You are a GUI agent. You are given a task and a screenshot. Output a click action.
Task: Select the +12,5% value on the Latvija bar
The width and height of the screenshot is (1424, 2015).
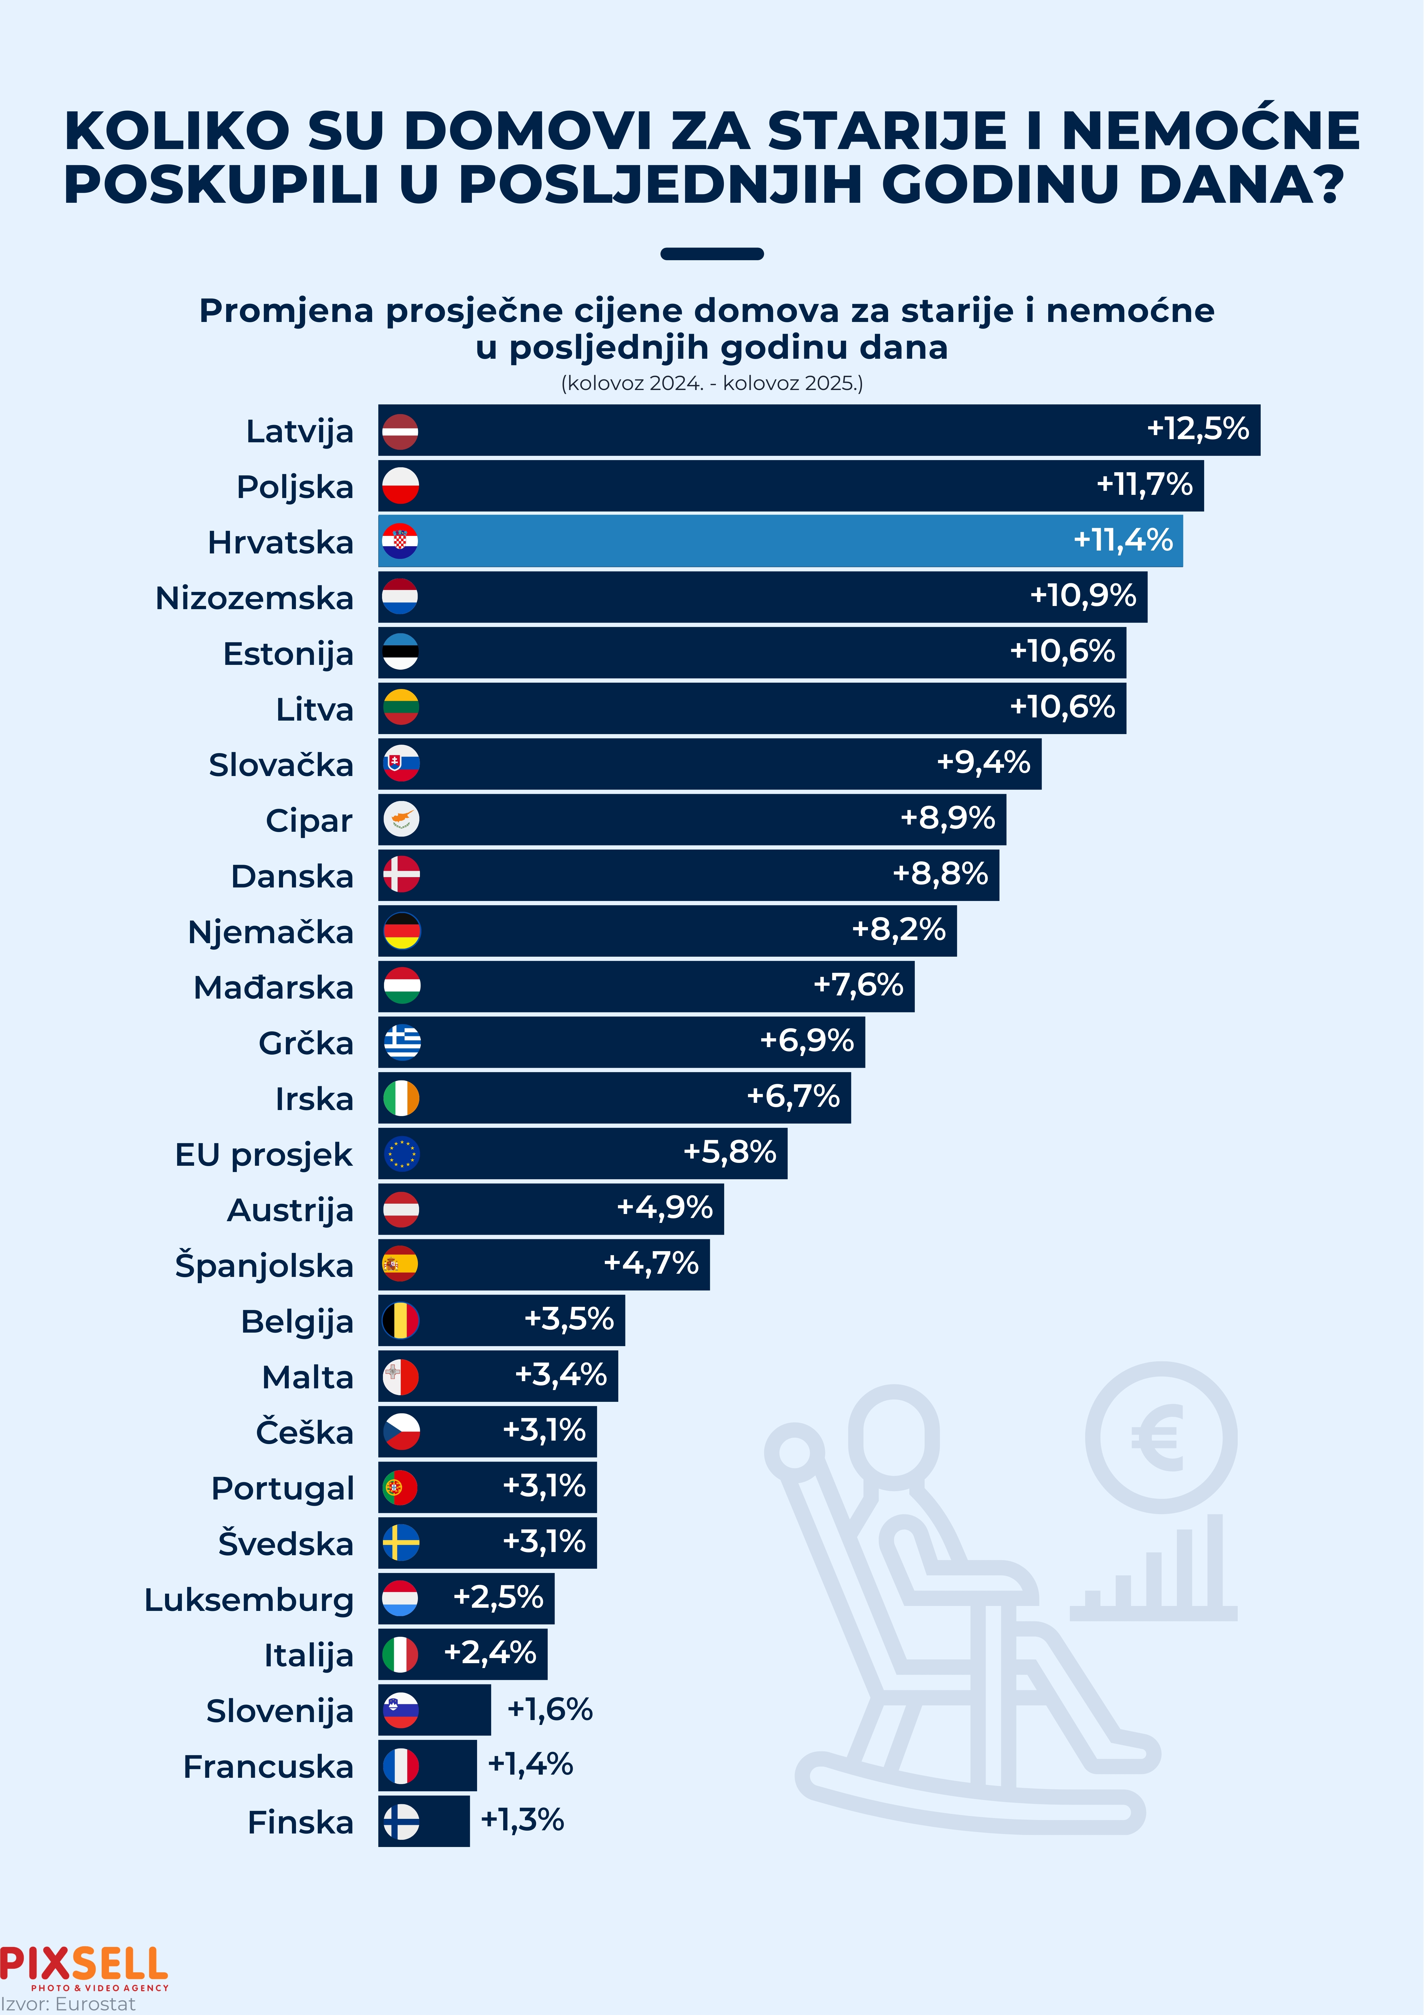[1198, 429]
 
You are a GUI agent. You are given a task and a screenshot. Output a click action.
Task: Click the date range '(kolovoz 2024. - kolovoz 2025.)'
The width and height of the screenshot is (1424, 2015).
[712, 383]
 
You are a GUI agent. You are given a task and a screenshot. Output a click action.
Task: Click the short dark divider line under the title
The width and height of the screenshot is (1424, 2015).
[712, 254]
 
